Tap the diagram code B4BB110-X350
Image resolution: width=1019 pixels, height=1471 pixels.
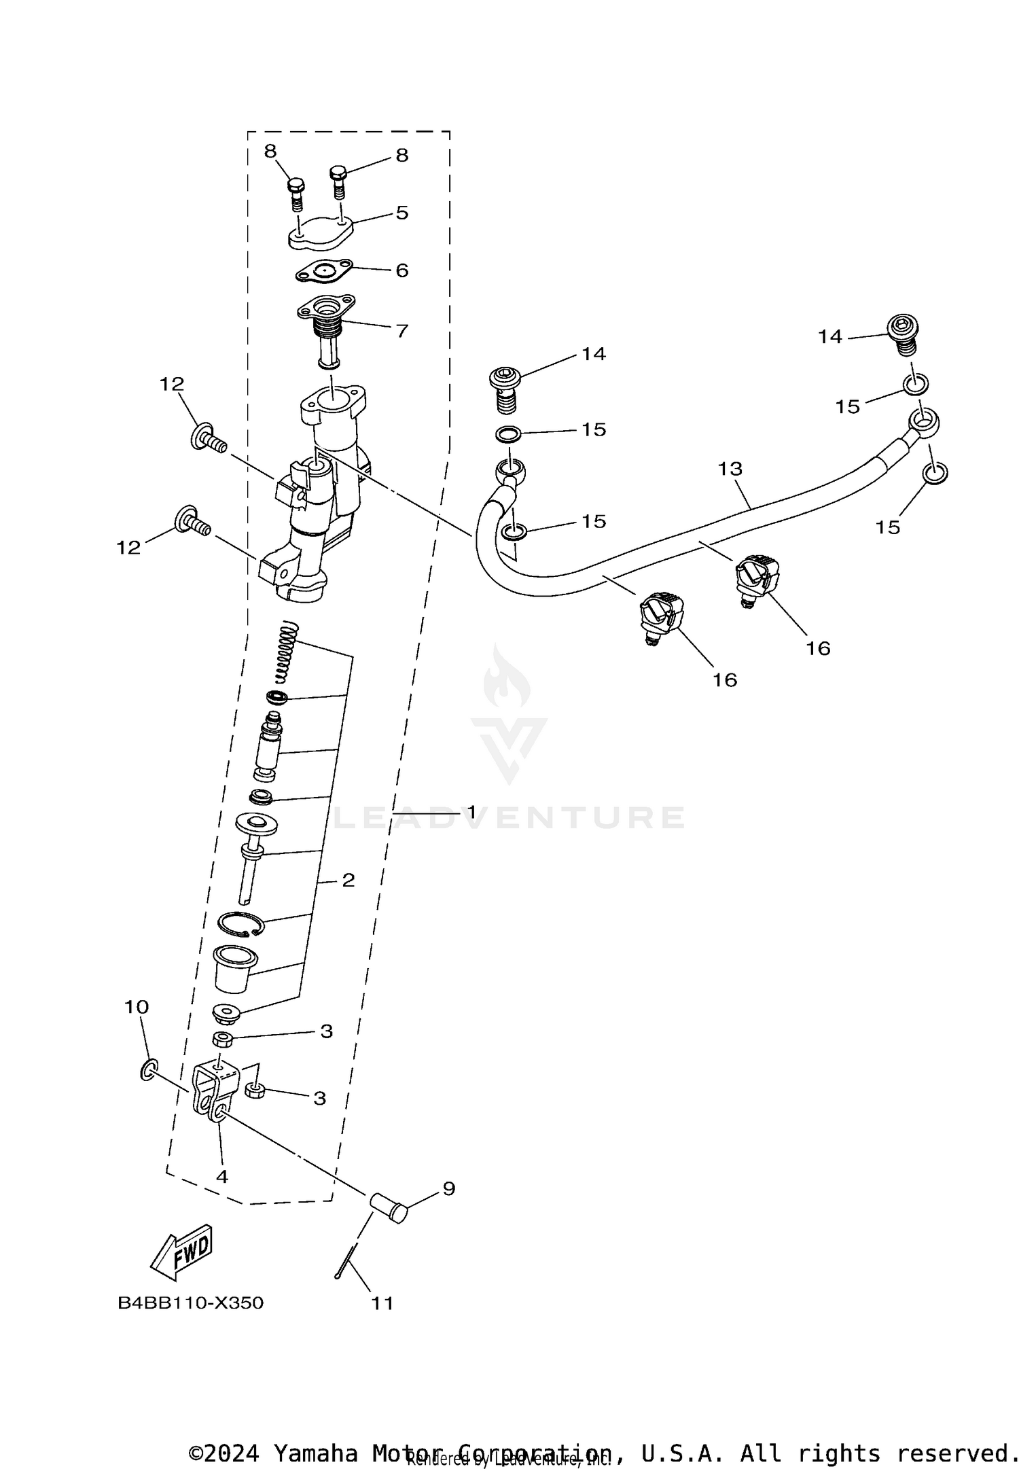click(x=190, y=1303)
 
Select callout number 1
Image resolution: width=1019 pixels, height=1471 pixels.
click(x=471, y=813)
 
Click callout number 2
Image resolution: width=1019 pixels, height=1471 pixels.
click(x=348, y=881)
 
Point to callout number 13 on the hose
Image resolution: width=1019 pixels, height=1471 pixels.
click(x=731, y=469)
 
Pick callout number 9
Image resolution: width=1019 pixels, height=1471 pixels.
click(x=448, y=1188)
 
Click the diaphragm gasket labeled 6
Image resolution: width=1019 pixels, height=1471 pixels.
click(x=324, y=270)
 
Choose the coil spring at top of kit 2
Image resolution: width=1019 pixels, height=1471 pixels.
click(x=287, y=652)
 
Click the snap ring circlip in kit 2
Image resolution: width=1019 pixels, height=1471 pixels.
click(x=240, y=923)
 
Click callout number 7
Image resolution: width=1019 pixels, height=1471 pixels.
click(x=402, y=331)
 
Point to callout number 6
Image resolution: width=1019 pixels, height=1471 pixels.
click(x=402, y=270)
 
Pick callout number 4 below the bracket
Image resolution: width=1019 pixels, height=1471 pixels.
click(x=222, y=1176)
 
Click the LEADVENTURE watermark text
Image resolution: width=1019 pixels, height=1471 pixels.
click(x=509, y=817)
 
